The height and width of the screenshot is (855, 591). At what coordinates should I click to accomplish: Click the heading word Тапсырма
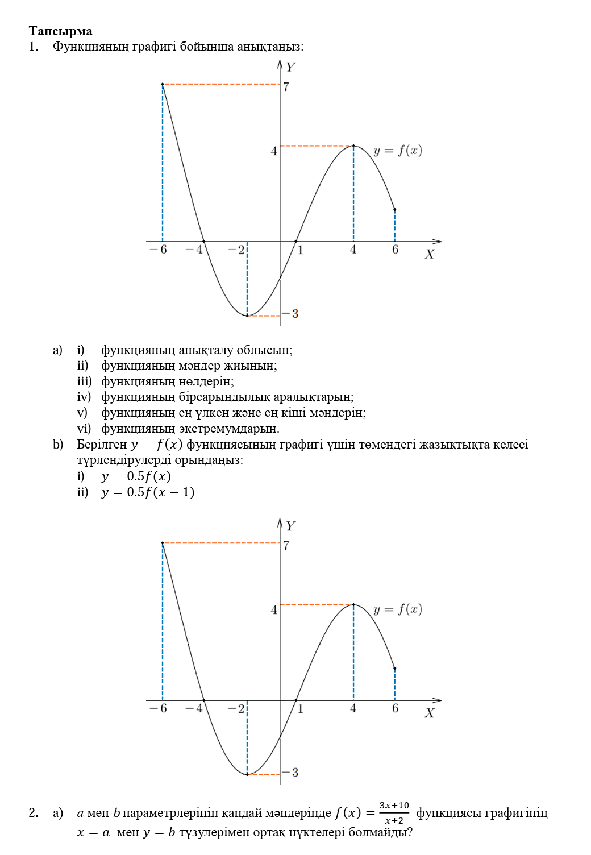tap(60, 31)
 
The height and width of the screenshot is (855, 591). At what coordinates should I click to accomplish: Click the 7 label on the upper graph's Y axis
tap(286, 87)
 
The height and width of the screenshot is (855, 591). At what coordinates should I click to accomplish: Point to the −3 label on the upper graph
tap(292, 314)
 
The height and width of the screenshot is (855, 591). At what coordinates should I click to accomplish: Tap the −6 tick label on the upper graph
tap(159, 250)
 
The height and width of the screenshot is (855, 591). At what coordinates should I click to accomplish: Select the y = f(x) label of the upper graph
tap(398, 151)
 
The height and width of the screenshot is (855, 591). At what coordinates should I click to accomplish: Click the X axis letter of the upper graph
tap(430, 254)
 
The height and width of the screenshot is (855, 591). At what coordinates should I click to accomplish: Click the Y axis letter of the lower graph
tap(290, 526)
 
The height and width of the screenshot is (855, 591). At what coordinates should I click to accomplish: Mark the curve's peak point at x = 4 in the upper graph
tap(353, 146)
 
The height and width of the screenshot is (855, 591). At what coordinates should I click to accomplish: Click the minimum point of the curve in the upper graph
tap(247, 316)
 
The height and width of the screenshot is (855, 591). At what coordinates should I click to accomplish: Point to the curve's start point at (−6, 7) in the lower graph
tap(163, 543)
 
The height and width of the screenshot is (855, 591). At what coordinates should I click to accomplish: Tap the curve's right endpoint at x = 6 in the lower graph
tap(395, 669)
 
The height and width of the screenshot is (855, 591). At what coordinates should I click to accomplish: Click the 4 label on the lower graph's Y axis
tap(274, 610)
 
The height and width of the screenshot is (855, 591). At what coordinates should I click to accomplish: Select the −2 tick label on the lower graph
tap(236, 708)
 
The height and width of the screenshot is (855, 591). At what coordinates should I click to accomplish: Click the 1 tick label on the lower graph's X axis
tap(300, 708)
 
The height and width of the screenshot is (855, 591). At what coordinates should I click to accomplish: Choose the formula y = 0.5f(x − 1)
tap(148, 492)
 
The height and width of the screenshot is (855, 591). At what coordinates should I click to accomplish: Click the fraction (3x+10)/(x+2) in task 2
tap(394, 813)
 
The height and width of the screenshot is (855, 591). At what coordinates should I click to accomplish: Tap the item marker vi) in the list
tap(84, 429)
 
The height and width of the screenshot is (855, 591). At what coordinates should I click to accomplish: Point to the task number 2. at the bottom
tap(34, 813)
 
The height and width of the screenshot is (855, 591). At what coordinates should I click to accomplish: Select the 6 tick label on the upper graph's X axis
tap(395, 250)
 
